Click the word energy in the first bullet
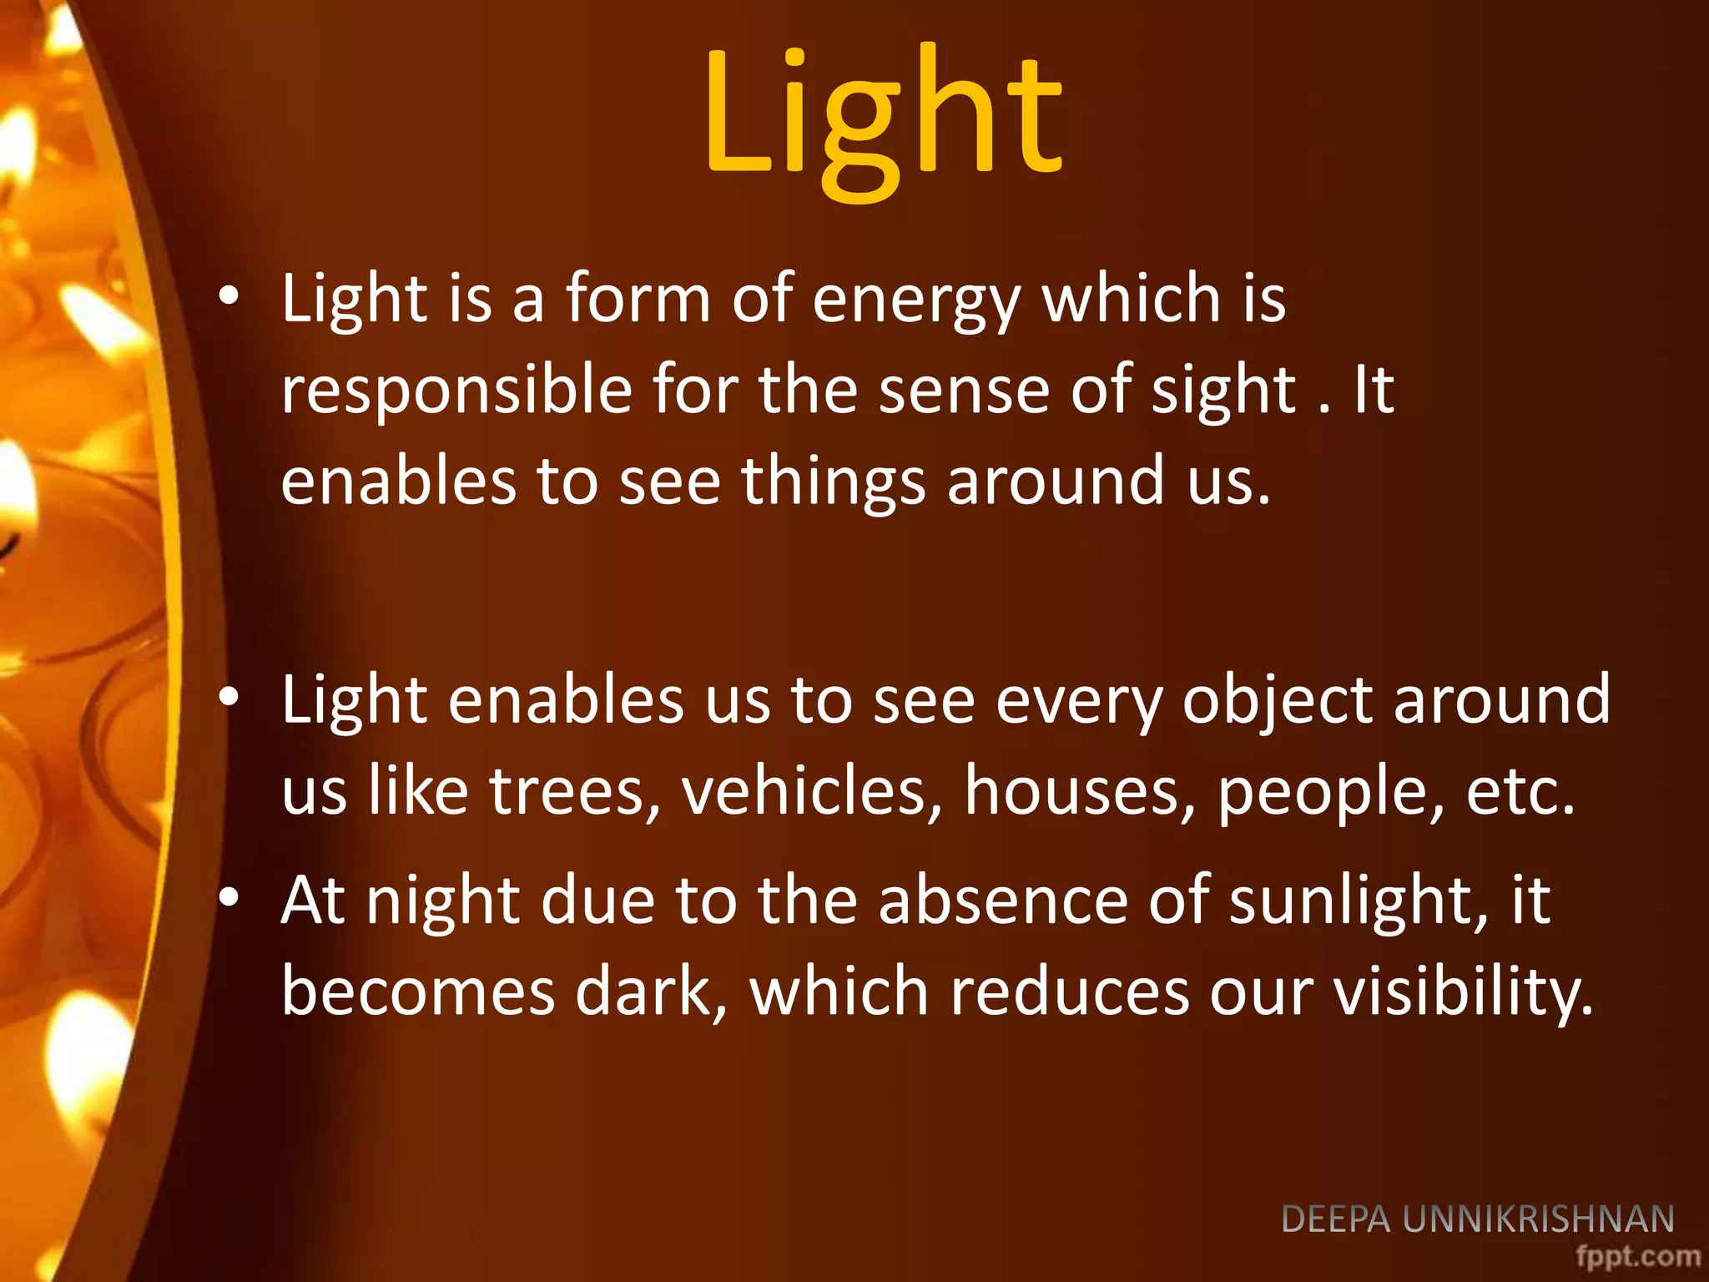coord(916,300)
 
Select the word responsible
coord(456,391)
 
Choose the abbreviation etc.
coord(1520,791)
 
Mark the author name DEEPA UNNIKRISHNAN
coord(1478,1219)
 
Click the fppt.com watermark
coord(1637,1256)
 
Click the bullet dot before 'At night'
coord(229,898)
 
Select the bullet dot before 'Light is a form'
coord(229,295)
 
